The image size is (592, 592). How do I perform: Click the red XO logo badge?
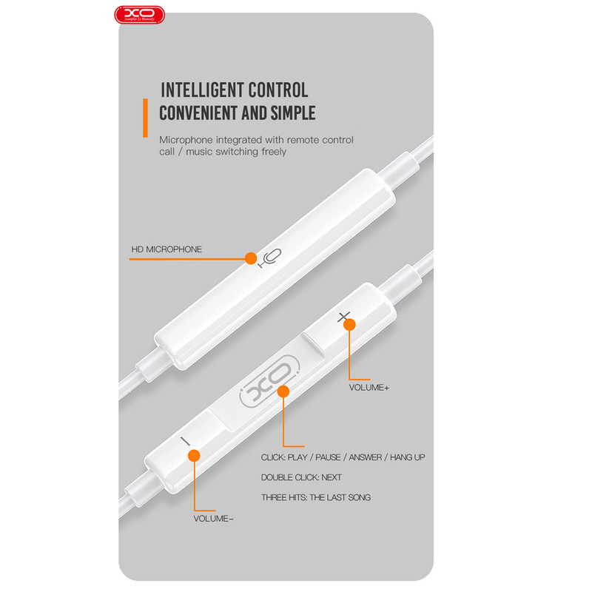tap(140, 15)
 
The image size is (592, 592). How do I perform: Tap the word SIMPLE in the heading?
tap(293, 113)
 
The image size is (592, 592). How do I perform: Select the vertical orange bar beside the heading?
tap(145, 118)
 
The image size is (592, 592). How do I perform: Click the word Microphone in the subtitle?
tap(186, 140)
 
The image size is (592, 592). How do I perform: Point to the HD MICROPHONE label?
tap(166, 249)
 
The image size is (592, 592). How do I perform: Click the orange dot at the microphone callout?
tap(251, 258)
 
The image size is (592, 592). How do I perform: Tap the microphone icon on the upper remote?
tap(270, 258)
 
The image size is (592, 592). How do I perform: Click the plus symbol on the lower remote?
tap(343, 317)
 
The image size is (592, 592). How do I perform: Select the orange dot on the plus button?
tap(349, 325)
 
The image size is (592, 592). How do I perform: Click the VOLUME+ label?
tap(369, 388)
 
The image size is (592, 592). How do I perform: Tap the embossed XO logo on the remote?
tap(269, 381)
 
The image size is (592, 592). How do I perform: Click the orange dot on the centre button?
tap(283, 391)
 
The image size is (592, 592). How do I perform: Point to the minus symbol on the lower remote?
tap(186, 441)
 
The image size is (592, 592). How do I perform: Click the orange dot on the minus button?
tap(194, 456)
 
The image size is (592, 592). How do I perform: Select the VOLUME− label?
tap(213, 519)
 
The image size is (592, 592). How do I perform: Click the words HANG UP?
tap(408, 457)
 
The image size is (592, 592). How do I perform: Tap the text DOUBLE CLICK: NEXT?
tap(301, 477)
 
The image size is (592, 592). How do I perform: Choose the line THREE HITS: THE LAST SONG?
tap(316, 497)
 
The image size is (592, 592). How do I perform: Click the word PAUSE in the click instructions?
tap(328, 457)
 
